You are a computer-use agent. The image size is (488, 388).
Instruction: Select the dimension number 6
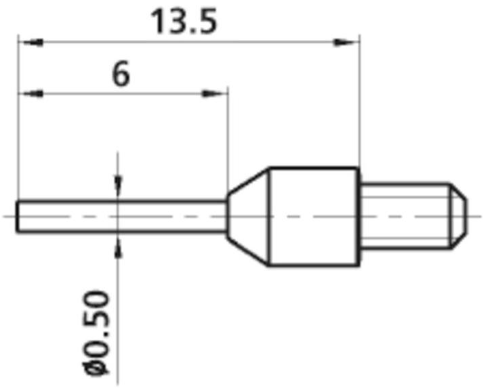tap(121, 75)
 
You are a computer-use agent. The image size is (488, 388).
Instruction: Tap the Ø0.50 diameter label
tap(99, 332)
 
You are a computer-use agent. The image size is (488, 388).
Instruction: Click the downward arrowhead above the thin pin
tap(119, 186)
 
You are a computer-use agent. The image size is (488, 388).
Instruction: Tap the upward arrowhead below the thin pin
tap(119, 245)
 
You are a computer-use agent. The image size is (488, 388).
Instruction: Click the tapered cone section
tap(248, 215)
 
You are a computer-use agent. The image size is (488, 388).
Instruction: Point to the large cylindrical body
tap(314, 215)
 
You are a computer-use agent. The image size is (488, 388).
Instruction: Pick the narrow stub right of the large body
tap(403, 215)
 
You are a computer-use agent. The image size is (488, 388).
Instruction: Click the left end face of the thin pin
tap(18, 215)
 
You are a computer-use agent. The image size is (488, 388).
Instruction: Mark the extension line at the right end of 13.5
tap(357, 102)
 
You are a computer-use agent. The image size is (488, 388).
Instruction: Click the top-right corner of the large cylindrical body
tap(357, 167)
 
